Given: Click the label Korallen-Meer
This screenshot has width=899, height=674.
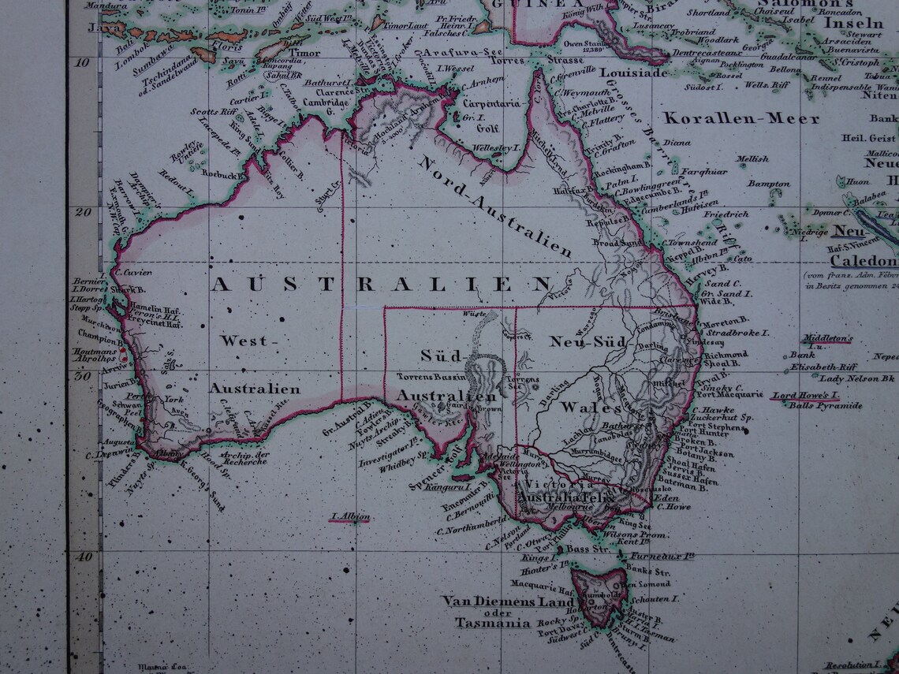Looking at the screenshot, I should [740, 119].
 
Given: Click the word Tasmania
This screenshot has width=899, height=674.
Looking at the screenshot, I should [492, 623].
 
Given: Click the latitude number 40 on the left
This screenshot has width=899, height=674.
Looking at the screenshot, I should [84, 557].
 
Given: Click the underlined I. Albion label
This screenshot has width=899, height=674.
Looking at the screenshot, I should [350, 516].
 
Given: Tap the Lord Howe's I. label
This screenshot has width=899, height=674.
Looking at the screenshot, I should [805, 395].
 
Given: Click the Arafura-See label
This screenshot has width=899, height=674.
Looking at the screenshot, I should [452, 52].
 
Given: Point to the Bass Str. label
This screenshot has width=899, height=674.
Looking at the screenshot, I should [588, 548].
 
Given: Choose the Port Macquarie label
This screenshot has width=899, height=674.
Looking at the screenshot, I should [730, 394].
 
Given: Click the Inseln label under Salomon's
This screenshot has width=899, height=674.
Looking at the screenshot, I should [854, 23].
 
